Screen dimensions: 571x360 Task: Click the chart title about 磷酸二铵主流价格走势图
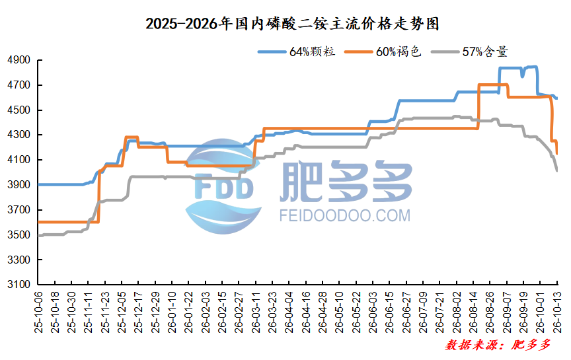click(292, 24)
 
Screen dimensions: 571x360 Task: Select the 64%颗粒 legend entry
click(297, 52)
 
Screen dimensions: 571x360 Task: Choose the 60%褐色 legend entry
click(383, 52)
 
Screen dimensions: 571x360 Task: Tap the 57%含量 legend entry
click(469, 52)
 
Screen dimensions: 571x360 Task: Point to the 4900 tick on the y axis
click(19, 60)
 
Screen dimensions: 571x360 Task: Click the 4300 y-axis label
click(19, 135)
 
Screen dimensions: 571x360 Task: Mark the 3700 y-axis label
click(19, 209)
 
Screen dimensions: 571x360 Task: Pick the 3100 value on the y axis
click(19, 284)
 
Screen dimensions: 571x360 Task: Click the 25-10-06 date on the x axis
click(38, 312)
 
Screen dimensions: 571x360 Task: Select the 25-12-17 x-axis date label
click(139, 312)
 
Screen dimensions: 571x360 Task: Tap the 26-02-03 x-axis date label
click(206, 312)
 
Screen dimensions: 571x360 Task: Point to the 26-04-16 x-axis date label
click(306, 312)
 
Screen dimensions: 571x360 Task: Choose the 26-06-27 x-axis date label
click(406, 312)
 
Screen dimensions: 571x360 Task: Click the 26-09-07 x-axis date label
click(508, 312)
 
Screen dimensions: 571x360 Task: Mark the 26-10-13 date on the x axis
click(558, 312)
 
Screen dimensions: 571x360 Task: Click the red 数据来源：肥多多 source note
click(498, 345)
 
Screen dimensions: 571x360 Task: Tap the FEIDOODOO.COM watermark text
click(345, 215)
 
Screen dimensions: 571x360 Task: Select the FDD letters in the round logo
click(224, 187)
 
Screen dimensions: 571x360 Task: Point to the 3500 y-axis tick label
click(19, 234)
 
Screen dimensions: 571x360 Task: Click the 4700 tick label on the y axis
click(19, 85)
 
